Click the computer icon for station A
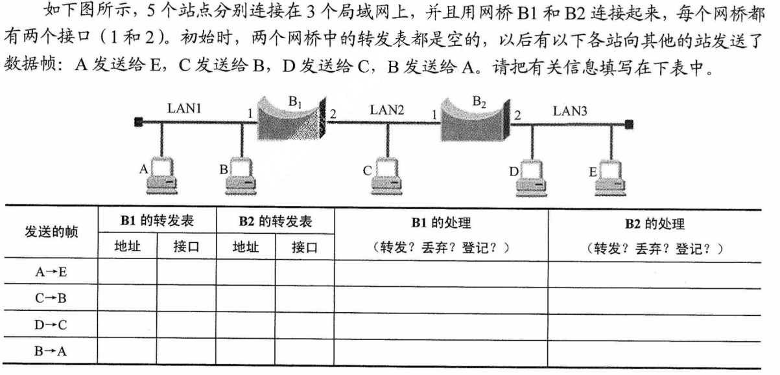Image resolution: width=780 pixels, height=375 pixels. (162, 177)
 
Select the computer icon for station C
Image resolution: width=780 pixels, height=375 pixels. (387, 177)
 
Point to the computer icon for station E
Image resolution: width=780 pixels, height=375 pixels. (611, 178)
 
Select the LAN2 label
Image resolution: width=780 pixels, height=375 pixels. (387, 109)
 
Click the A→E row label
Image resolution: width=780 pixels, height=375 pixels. (51, 272)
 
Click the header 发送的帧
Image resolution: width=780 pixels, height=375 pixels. (51, 234)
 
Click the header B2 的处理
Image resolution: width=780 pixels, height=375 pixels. (654, 224)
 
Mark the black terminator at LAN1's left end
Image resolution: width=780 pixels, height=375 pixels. (138, 121)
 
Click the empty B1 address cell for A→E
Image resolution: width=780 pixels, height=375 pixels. (127, 272)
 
